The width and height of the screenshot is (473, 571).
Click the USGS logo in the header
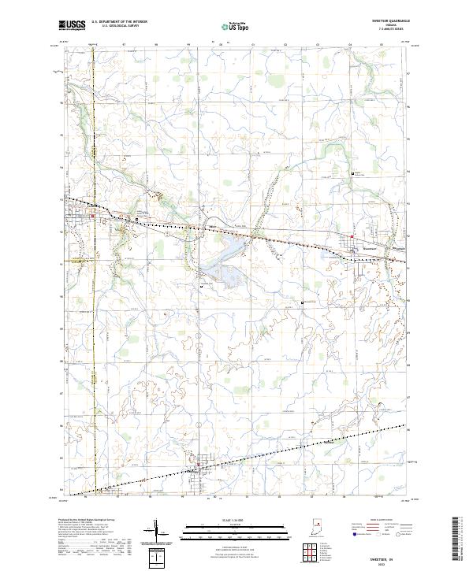point(72,25)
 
